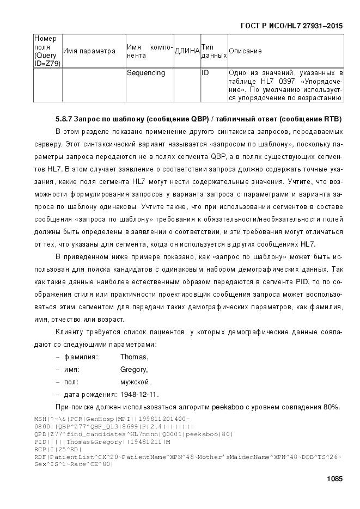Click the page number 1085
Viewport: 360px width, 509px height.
point(334,479)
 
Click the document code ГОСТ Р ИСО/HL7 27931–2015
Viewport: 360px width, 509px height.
point(291,25)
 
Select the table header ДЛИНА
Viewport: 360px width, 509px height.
point(186,51)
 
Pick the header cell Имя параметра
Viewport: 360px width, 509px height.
point(89,51)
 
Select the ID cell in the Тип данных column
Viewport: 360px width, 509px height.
point(205,73)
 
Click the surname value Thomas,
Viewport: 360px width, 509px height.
point(134,357)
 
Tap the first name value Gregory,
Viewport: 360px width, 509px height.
point(135,370)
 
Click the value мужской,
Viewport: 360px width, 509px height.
point(136,382)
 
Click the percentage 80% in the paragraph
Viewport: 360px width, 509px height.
point(332,407)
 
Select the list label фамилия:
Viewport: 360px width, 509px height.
point(81,357)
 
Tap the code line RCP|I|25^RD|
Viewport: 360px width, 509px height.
point(58,450)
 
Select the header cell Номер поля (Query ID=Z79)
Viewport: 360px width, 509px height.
point(47,51)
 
